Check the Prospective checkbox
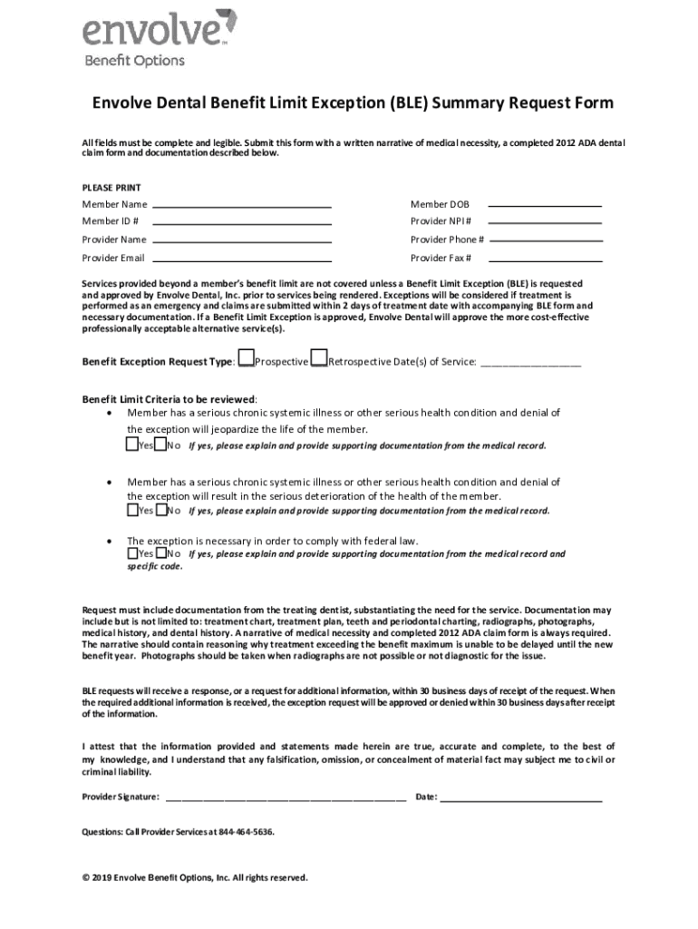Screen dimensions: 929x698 click(246, 359)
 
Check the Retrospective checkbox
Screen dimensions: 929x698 click(318, 359)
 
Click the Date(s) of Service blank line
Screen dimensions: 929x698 click(529, 363)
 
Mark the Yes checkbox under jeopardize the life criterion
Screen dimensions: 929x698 click(132, 445)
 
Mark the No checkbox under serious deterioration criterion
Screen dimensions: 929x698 click(160, 509)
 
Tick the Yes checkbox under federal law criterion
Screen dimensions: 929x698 click(132, 552)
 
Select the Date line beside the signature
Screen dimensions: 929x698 click(521, 798)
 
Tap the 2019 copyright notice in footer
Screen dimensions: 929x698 click(195, 877)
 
